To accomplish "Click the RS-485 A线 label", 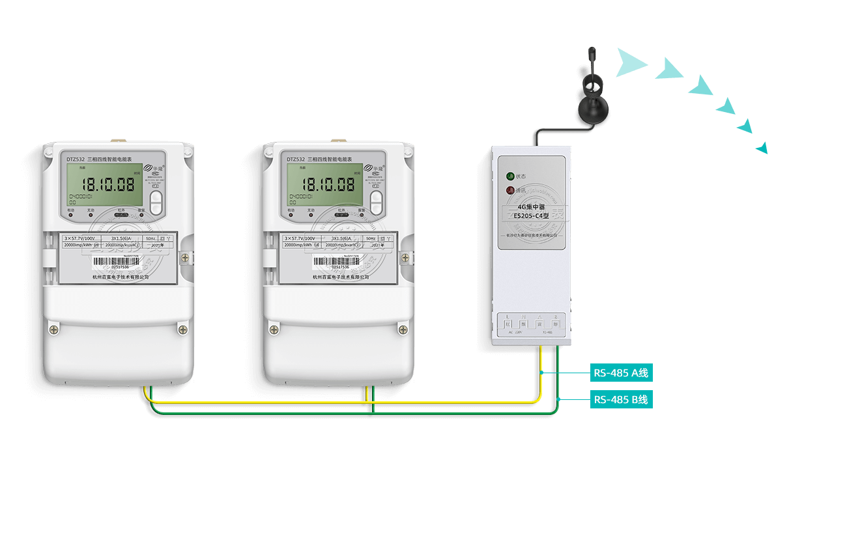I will click(x=621, y=373).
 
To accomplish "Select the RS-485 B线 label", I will click(x=621, y=399).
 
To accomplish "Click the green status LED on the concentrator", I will click(x=510, y=176).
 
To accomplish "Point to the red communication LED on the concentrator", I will click(x=510, y=190).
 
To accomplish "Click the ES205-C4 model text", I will click(x=531, y=216).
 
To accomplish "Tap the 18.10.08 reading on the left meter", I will click(x=108, y=184).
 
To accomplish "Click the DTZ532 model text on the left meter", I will click(x=76, y=159).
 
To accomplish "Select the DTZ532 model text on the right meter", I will click(x=296, y=159).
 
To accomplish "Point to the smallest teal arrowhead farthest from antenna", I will click(x=763, y=149).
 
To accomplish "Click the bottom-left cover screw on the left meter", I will click(x=53, y=330).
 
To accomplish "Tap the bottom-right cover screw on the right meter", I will click(x=403, y=330).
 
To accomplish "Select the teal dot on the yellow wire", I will click(x=542, y=373).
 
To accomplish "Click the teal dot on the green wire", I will click(x=559, y=399).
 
